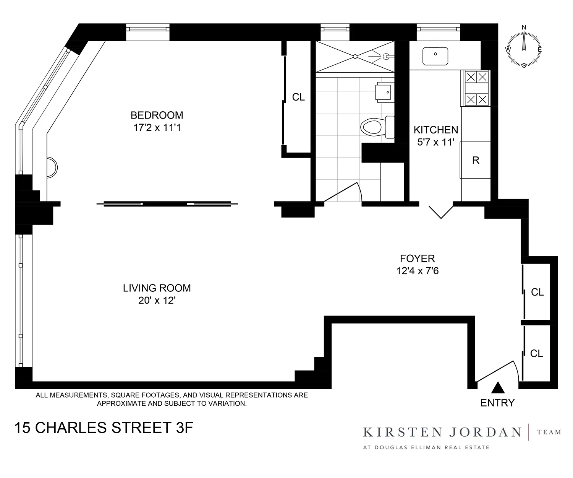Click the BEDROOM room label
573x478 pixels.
point(157,115)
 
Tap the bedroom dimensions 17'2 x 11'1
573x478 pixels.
point(157,128)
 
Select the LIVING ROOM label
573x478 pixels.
point(157,288)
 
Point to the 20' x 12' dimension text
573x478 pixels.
point(157,301)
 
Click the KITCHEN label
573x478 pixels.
point(435,130)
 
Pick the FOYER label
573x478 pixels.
point(417,259)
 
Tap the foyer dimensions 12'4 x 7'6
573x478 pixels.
point(417,271)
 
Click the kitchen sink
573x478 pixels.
point(435,56)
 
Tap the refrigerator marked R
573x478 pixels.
point(475,160)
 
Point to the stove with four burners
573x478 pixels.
point(476,88)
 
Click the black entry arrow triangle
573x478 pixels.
point(497,388)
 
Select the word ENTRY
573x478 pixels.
point(497,403)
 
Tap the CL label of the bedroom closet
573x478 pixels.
point(298,98)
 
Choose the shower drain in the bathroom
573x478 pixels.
point(355,57)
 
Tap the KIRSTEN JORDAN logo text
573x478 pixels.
point(442,432)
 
